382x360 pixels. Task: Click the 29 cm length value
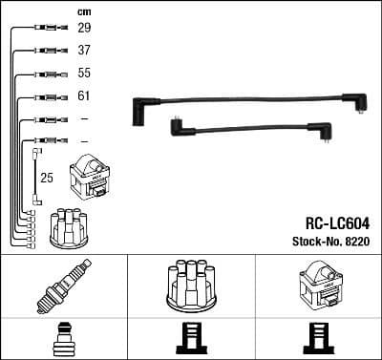click(x=84, y=29)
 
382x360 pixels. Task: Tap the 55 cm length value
click(x=84, y=74)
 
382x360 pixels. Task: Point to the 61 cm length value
click(x=84, y=96)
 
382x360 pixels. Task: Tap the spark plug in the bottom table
click(x=62, y=285)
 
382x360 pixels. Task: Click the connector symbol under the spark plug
click(x=62, y=339)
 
